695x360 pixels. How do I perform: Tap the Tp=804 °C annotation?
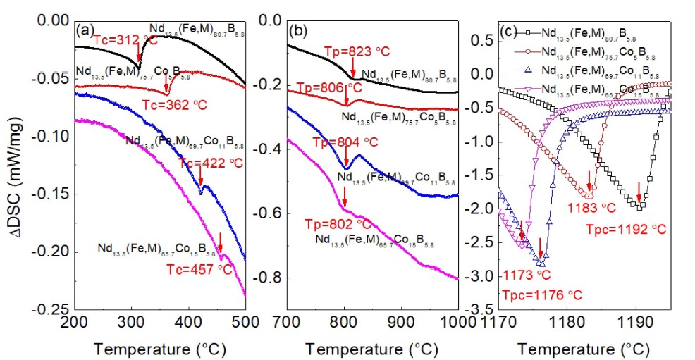click(x=351, y=142)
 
